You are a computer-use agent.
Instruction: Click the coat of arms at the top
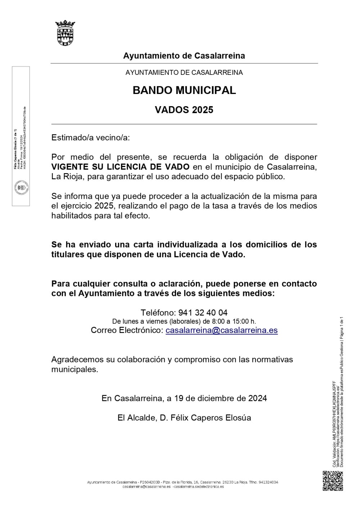[65, 33]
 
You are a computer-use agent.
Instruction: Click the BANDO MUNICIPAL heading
[184, 90]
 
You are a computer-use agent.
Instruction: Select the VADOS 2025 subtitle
[184, 110]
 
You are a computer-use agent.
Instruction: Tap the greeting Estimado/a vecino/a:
[90, 138]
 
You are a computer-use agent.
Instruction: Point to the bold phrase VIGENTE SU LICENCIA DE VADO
[120, 167]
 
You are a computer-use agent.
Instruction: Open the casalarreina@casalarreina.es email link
[221, 330]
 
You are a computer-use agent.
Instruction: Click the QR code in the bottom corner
[333, 481]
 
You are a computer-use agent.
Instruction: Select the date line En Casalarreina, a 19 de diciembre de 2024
[184, 398]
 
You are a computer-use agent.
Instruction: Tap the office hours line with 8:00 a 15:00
[184, 321]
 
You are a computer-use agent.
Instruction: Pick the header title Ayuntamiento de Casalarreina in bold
[184, 56]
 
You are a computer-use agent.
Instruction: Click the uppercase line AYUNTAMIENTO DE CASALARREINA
[184, 72]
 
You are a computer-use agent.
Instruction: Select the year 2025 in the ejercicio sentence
[104, 206]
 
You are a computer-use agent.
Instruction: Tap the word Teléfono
[157, 312]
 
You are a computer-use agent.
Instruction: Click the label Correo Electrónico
[127, 330]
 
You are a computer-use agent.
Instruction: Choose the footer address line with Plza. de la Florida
[183, 482]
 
